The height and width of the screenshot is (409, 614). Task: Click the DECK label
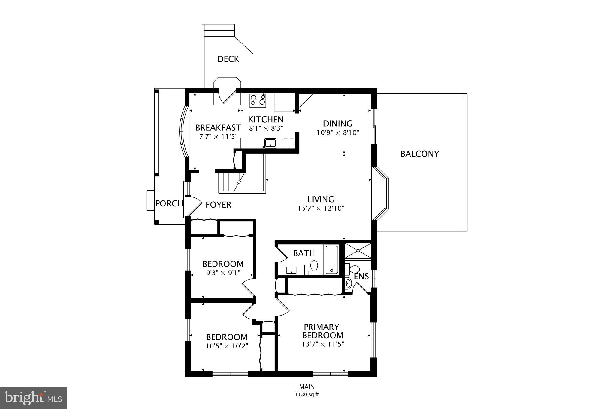pyautogui.click(x=228, y=59)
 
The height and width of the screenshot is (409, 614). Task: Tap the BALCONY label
pyautogui.click(x=420, y=154)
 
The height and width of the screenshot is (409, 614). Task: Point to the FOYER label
pyautogui.click(x=218, y=205)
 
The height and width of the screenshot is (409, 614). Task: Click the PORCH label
pyautogui.click(x=169, y=204)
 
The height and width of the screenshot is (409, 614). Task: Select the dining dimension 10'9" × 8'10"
pyautogui.click(x=338, y=132)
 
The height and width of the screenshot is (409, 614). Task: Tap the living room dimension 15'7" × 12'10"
pyautogui.click(x=321, y=208)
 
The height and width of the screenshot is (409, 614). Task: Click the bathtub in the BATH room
pyautogui.click(x=332, y=260)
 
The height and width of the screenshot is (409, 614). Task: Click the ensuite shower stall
pyautogui.click(x=358, y=251)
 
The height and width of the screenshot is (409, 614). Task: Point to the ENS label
pyautogui.click(x=361, y=276)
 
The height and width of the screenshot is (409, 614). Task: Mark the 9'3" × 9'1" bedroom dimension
pyautogui.click(x=223, y=273)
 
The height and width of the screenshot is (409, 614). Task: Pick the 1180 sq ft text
pyautogui.click(x=307, y=395)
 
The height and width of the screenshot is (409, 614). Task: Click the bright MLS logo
pyautogui.click(x=33, y=398)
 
